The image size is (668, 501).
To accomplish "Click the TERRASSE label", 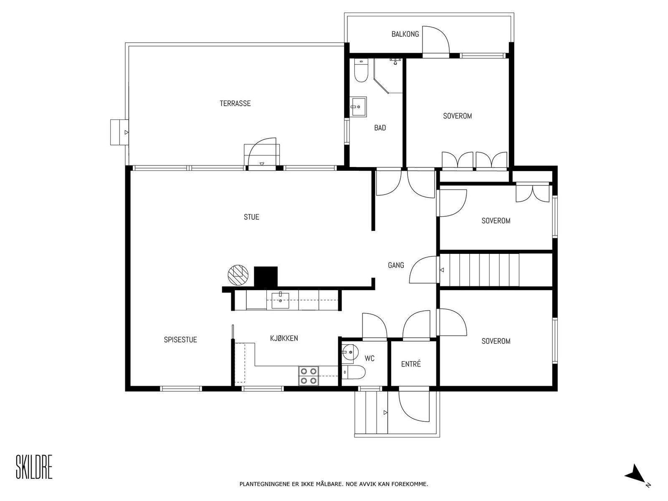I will point(235,103).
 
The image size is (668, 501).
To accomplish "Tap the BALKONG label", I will point(405,34).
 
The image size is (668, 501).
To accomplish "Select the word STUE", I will point(251,217).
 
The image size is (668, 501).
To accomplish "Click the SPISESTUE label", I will point(180,340).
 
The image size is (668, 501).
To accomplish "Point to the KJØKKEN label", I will point(284,338).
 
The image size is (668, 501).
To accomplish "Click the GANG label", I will point(396,265).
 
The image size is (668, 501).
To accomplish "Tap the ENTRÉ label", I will point(411,364).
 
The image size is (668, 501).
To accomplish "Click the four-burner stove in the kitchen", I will point(309,375).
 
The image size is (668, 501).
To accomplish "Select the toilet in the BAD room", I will point(360,71).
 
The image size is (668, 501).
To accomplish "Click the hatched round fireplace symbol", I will point(238,275).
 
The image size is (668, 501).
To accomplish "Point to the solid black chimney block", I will point(266,276).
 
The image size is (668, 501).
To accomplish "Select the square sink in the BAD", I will point(358,107).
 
